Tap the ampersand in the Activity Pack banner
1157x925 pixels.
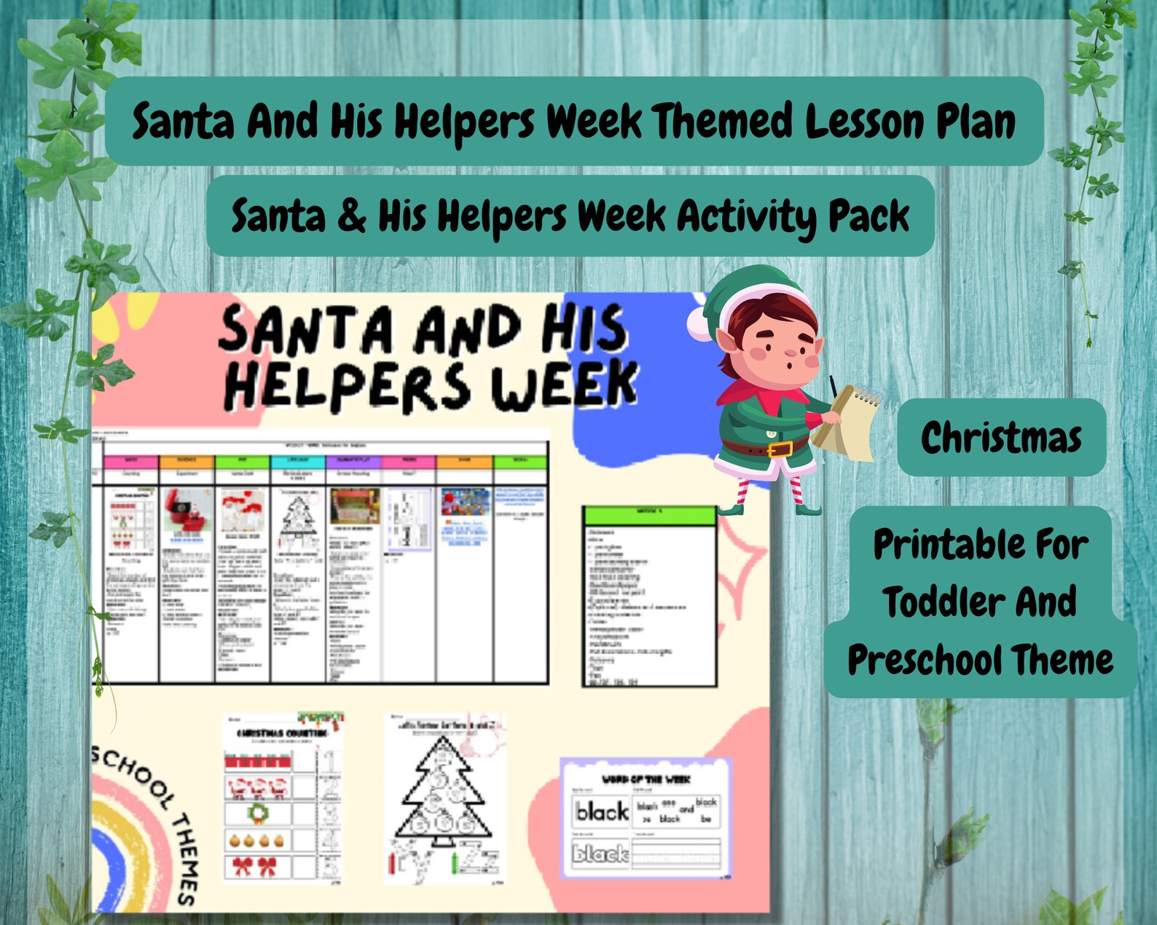click(352, 216)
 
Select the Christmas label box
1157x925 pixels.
click(1001, 438)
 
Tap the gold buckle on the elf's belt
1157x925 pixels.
click(779, 449)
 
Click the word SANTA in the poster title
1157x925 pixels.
click(306, 330)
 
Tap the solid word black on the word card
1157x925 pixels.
click(602, 811)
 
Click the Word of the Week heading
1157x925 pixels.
click(646, 779)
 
